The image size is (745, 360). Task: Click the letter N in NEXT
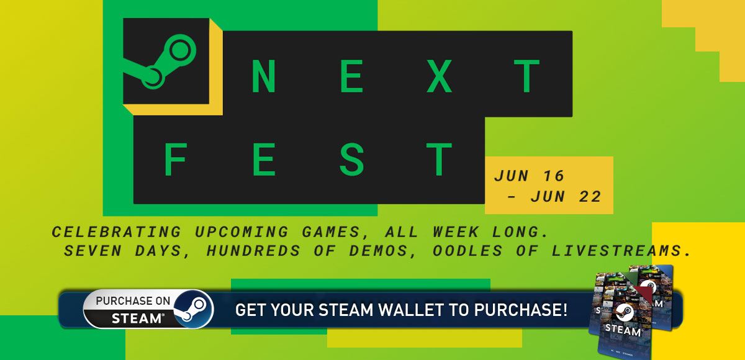(x=264, y=76)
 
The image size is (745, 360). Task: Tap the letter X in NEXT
(x=439, y=76)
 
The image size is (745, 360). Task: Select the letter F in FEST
(x=175, y=160)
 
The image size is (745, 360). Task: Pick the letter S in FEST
(x=351, y=160)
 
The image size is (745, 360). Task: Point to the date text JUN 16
(x=529, y=176)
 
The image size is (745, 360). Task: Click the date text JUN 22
(x=566, y=197)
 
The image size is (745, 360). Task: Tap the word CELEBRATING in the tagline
(x=117, y=232)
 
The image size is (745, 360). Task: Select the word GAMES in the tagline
(x=332, y=232)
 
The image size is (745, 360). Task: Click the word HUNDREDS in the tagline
(x=253, y=251)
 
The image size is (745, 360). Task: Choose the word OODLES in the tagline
(x=467, y=251)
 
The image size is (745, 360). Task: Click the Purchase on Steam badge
(x=148, y=309)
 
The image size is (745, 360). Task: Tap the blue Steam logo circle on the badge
(x=194, y=309)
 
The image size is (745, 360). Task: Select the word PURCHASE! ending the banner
(x=520, y=310)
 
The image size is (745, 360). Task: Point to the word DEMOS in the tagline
(x=379, y=251)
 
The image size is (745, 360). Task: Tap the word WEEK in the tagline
(x=456, y=232)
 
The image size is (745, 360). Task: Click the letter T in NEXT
(x=526, y=76)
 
